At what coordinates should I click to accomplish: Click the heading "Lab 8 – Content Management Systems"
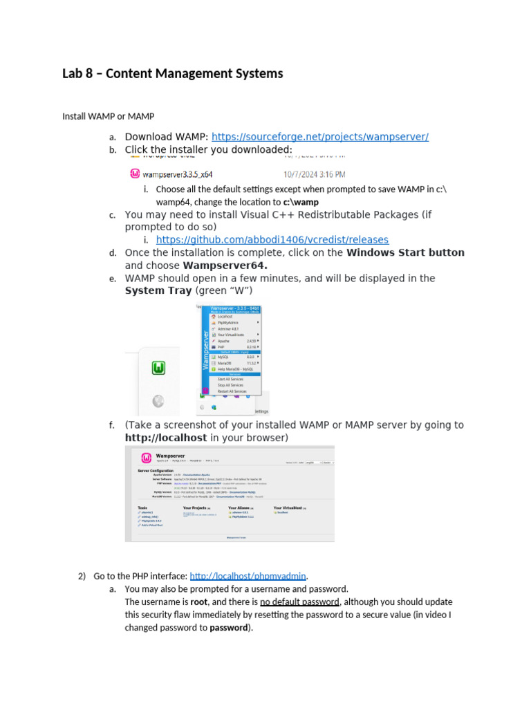tap(172, 73)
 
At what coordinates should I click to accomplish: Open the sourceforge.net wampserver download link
tap(319, 137)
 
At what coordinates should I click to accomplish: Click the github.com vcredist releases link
tap(272, 240)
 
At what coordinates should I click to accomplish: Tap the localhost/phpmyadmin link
tap(248, 576)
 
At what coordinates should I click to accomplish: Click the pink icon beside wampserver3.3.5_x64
tap(136, 174)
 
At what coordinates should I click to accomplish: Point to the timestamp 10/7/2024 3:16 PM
tap(314, 175)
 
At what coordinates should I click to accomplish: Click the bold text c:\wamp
tap(301, 202)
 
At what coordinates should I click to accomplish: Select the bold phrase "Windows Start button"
tap(405, 253)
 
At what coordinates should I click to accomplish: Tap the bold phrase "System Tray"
tap(158, 291)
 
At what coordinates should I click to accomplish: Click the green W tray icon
tap(160, 368)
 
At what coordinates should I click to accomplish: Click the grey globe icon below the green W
tap(159, 400)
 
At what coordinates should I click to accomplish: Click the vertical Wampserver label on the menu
tap(205, 351)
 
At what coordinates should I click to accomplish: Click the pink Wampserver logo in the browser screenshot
tap(146, 458)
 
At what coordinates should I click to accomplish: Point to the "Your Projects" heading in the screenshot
tap(196, 507)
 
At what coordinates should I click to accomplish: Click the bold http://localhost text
tap(166, 438)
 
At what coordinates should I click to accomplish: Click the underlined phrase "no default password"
tap(299, 602)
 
